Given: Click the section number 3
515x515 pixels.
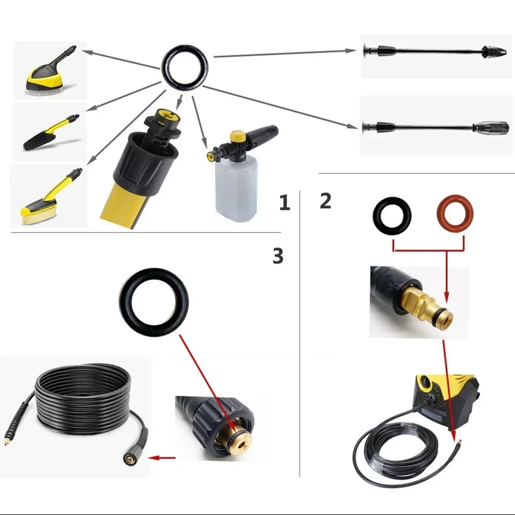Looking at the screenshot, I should (278, 255).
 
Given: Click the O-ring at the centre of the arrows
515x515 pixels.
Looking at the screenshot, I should (186, 66).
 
